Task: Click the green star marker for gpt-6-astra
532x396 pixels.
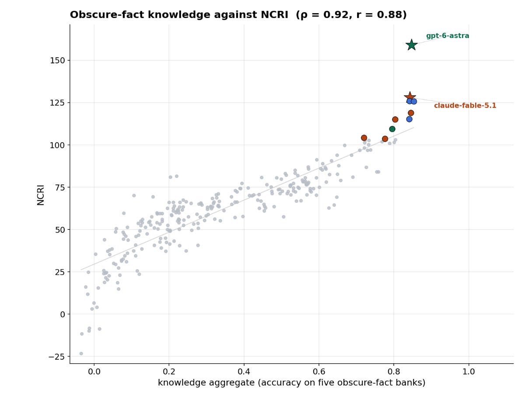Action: pyautogui.click(x=411, y=45)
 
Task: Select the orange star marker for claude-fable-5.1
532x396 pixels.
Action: pyautogui.click(x=409, y=97)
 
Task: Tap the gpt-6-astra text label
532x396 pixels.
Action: pyautogui.click(x=447, y=36)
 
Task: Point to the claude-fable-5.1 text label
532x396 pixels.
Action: pyautogui.click(x=465, y=105)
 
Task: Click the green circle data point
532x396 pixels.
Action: pyautogui.click(x=392, y=129)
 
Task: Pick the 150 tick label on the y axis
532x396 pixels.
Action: pyautogui.click(x=57, y=60)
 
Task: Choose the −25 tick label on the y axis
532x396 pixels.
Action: pyautogui.click(x=56, y=357)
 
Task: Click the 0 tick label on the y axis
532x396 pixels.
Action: pyautogui.click(x=63, y=314)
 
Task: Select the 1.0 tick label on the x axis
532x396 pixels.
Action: pyautogui.click(x=469, y=372)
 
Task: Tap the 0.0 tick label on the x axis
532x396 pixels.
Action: pyautogui.click(x=94, y=372)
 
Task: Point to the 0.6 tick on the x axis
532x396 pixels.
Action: pyautogui.click(x=319, y=365)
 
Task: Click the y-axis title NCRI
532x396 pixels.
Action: pyautogui.click(x=41, y=195)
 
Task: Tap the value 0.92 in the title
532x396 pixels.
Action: pyautogui.click(x=336, y=14)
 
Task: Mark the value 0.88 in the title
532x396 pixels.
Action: pyautogui.click(x=389, y=14)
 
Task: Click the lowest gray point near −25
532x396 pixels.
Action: pyautogui.click(x=81, y=354)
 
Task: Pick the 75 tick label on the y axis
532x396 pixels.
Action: pyautogui.click(x=60, y=188)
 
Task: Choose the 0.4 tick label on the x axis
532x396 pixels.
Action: pyautogui.click(x=244, y=372)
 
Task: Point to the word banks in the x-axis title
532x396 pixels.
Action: pyautogui.click(x=412, y=382)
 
